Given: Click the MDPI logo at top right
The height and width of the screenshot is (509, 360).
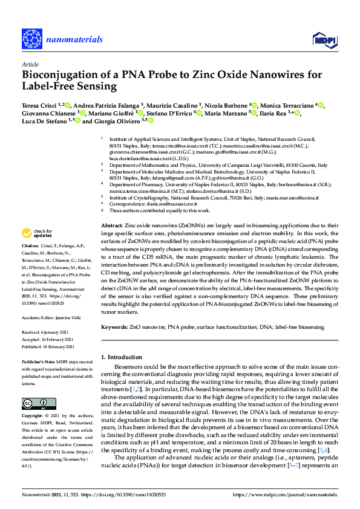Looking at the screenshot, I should point(324,39).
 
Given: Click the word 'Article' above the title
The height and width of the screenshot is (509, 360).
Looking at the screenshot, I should point(30,64).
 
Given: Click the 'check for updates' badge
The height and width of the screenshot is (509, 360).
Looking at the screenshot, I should point(38,233).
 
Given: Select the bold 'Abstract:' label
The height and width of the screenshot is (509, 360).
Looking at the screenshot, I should point(112,225).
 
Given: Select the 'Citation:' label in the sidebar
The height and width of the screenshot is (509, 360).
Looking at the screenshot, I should point(30,247).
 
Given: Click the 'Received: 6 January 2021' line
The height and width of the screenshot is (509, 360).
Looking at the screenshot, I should point(48,332).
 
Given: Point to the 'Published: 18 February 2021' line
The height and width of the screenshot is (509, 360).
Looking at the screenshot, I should point(49,346).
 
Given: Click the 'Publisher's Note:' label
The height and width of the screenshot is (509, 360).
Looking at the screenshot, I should point(39,361).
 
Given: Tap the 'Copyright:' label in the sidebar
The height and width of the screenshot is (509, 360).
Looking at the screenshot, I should point(33,417).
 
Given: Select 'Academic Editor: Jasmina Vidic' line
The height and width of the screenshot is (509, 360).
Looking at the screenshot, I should point(52,317).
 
